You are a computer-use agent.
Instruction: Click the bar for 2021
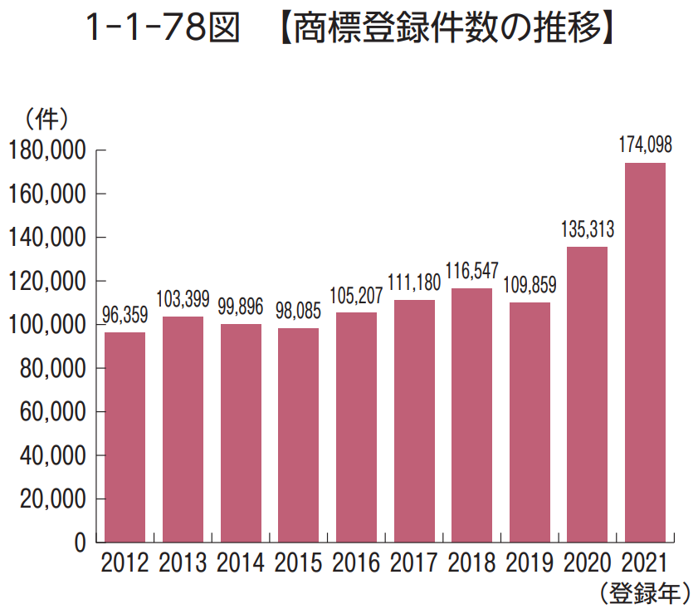pos(645,352)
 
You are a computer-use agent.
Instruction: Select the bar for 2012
pos(124,437)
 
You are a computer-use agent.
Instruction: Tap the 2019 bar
pos(530,422)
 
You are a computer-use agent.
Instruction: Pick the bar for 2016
pos(356,427)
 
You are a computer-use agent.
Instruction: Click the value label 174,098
pos(646,145)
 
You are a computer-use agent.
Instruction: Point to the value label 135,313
pos(588,229)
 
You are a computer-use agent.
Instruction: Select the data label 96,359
pos(124,315)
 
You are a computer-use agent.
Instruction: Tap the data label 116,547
pos(472,271)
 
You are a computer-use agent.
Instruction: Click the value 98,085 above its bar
pos(298,311)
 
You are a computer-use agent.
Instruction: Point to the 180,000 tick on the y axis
pos(47,150)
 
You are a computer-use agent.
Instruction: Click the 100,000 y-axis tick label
pos(47,325)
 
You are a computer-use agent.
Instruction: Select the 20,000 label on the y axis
pos(52,499)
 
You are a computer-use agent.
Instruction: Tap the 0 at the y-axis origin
pos(81,543)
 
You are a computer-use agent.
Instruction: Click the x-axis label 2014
pos(241,562)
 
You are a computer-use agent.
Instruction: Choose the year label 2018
pos(472,562)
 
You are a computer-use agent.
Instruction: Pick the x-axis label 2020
pos(588,562)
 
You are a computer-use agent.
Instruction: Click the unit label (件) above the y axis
pos(46,119)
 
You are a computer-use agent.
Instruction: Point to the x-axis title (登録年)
pos(645,593)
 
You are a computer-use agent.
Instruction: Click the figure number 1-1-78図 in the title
pos(163,27)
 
